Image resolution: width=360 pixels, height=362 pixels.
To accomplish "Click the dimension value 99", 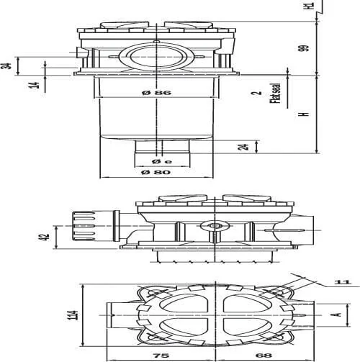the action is [x=303, y=48].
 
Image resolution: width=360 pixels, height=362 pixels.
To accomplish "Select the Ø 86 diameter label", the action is [x=156, y=93].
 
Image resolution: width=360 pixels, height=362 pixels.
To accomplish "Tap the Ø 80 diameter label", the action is [x=156, y=172].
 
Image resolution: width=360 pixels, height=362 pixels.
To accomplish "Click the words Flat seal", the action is [x=275, y=94].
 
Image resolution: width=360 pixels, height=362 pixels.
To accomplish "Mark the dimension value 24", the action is [x=243, y=147].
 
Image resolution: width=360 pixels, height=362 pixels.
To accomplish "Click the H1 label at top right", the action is [x=310, y=5].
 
